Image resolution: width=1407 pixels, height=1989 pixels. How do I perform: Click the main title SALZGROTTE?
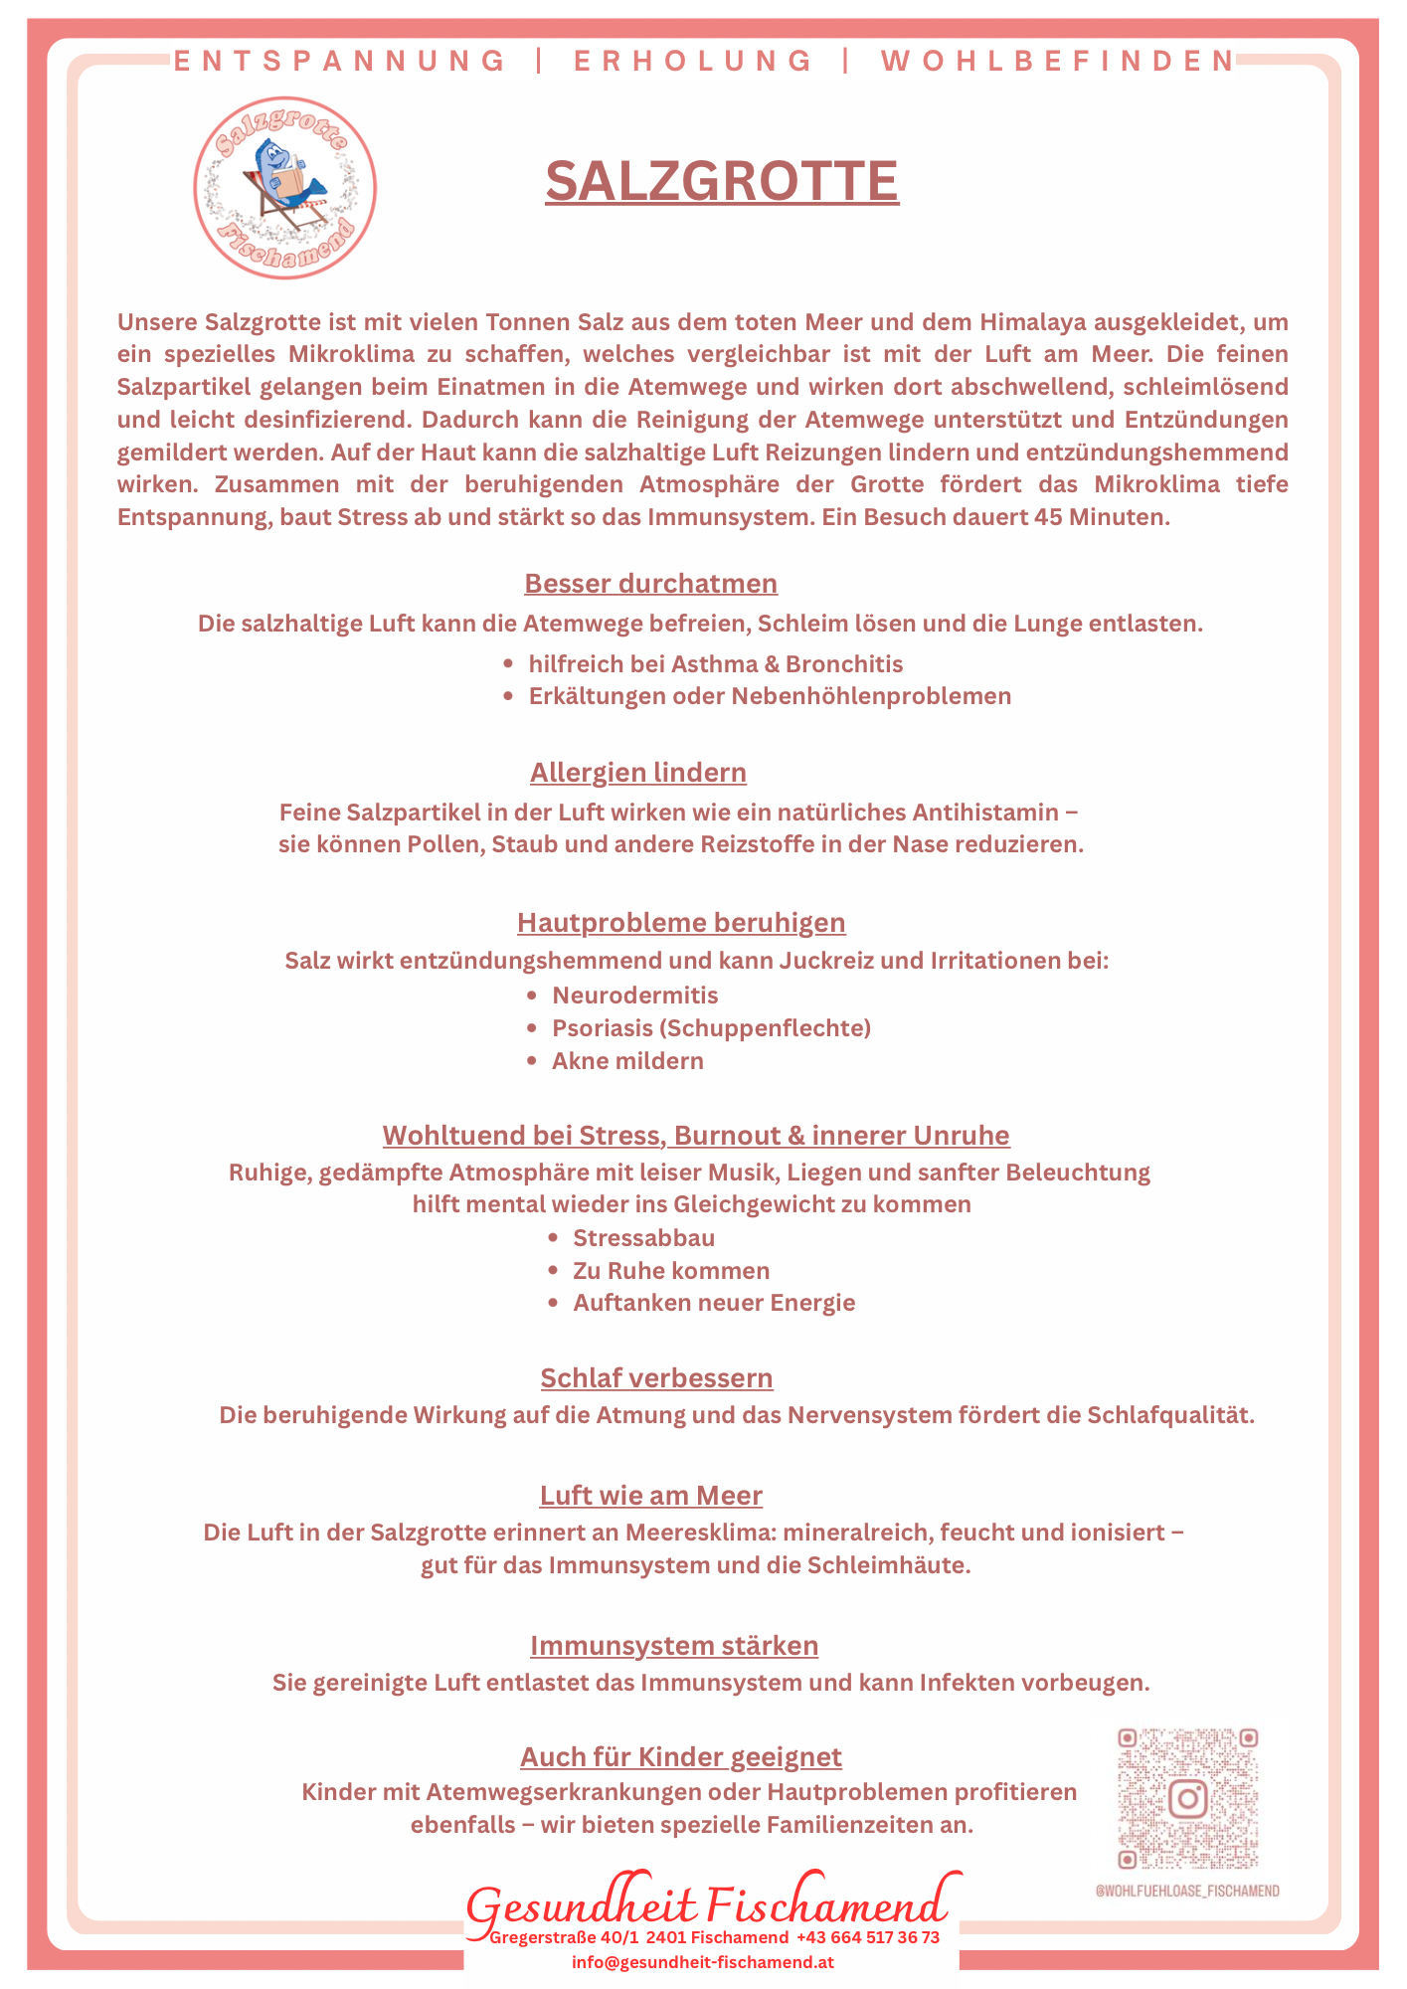click(722, 181)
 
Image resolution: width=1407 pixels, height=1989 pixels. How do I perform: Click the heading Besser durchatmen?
click(650, 583)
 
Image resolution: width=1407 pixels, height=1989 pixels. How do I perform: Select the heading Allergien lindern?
click(637, 773)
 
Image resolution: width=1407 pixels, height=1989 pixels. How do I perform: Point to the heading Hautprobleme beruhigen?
click(681, 923)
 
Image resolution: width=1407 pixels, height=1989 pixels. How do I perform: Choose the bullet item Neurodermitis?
click(634, 995)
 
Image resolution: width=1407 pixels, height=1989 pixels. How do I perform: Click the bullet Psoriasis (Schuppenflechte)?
click(711, 1028)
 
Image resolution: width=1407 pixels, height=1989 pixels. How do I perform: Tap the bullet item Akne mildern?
click(627, 1061)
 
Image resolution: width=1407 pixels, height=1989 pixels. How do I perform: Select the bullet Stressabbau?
click(643, 1238)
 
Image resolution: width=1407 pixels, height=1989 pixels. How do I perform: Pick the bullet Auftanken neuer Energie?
click(714, 1303)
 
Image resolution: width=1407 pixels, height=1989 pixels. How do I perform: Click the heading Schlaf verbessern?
click(656, 1378)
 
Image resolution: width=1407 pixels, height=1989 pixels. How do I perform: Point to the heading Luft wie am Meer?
click(650, 1496)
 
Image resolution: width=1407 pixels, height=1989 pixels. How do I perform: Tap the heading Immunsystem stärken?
click(674, 1646)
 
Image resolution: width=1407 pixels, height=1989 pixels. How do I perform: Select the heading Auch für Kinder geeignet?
click(681, 1757)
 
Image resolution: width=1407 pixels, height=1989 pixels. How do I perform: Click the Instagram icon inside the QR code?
click(1187, 1798)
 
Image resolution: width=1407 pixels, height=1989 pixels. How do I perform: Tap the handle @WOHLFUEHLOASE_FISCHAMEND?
click(1187, 1891)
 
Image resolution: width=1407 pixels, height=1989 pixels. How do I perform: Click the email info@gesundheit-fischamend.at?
click(702, 1962)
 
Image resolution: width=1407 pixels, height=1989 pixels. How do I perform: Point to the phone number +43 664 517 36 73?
click(867, 1937)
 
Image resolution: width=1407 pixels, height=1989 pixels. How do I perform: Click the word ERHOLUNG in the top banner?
click(693, 62)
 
